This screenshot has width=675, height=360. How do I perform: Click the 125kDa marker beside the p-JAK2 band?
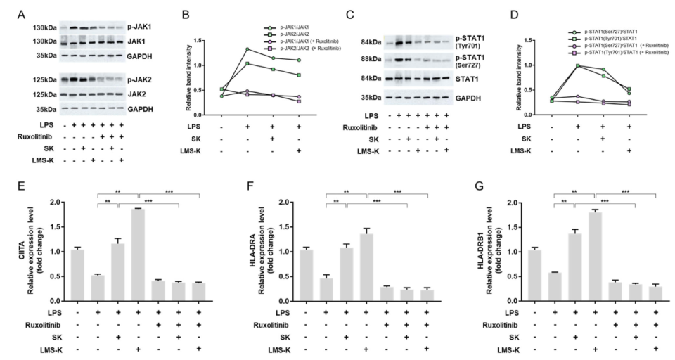tap(46, 80)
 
